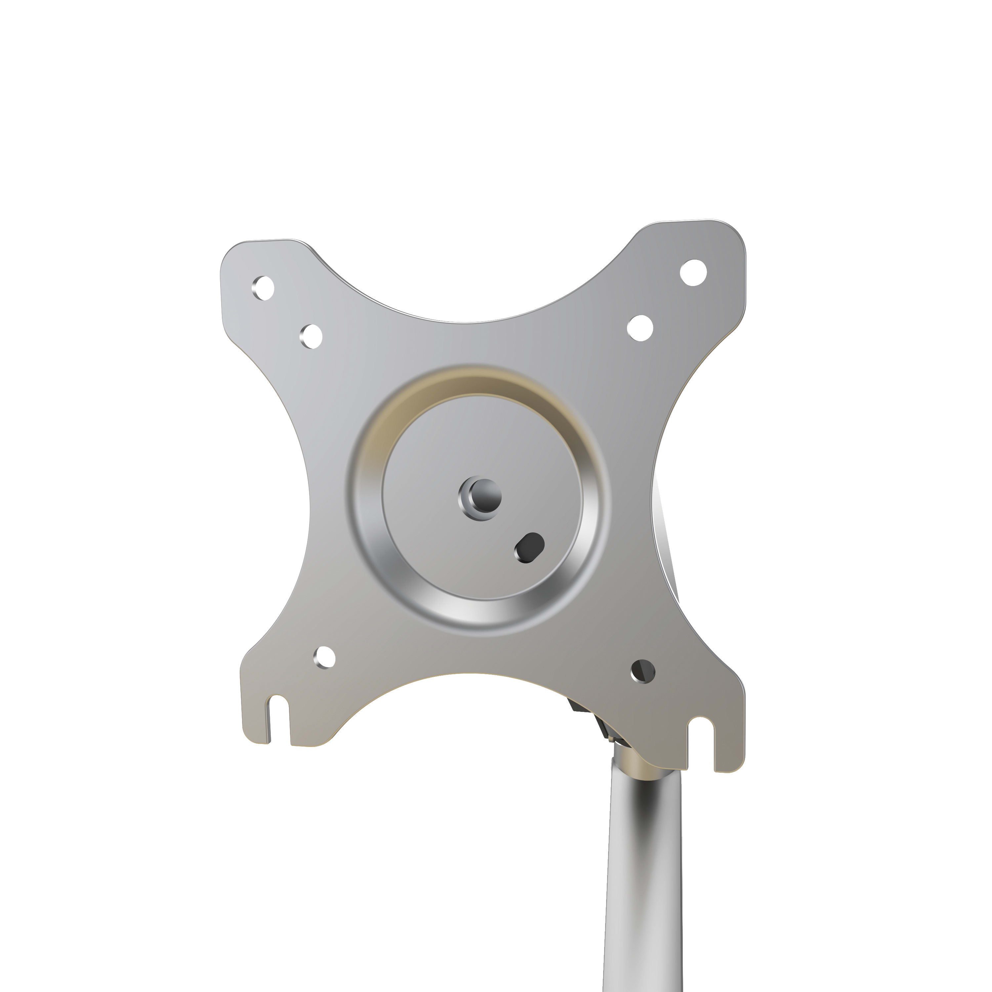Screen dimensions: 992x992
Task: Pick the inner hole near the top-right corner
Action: [x=640, y=327]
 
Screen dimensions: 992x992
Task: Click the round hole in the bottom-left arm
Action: [x=324, y=657]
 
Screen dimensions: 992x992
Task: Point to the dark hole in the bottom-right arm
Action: [x=643, y=671]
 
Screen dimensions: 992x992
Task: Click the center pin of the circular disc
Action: [x=481, y=496]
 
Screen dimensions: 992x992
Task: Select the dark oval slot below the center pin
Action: [x=529, y=547]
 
